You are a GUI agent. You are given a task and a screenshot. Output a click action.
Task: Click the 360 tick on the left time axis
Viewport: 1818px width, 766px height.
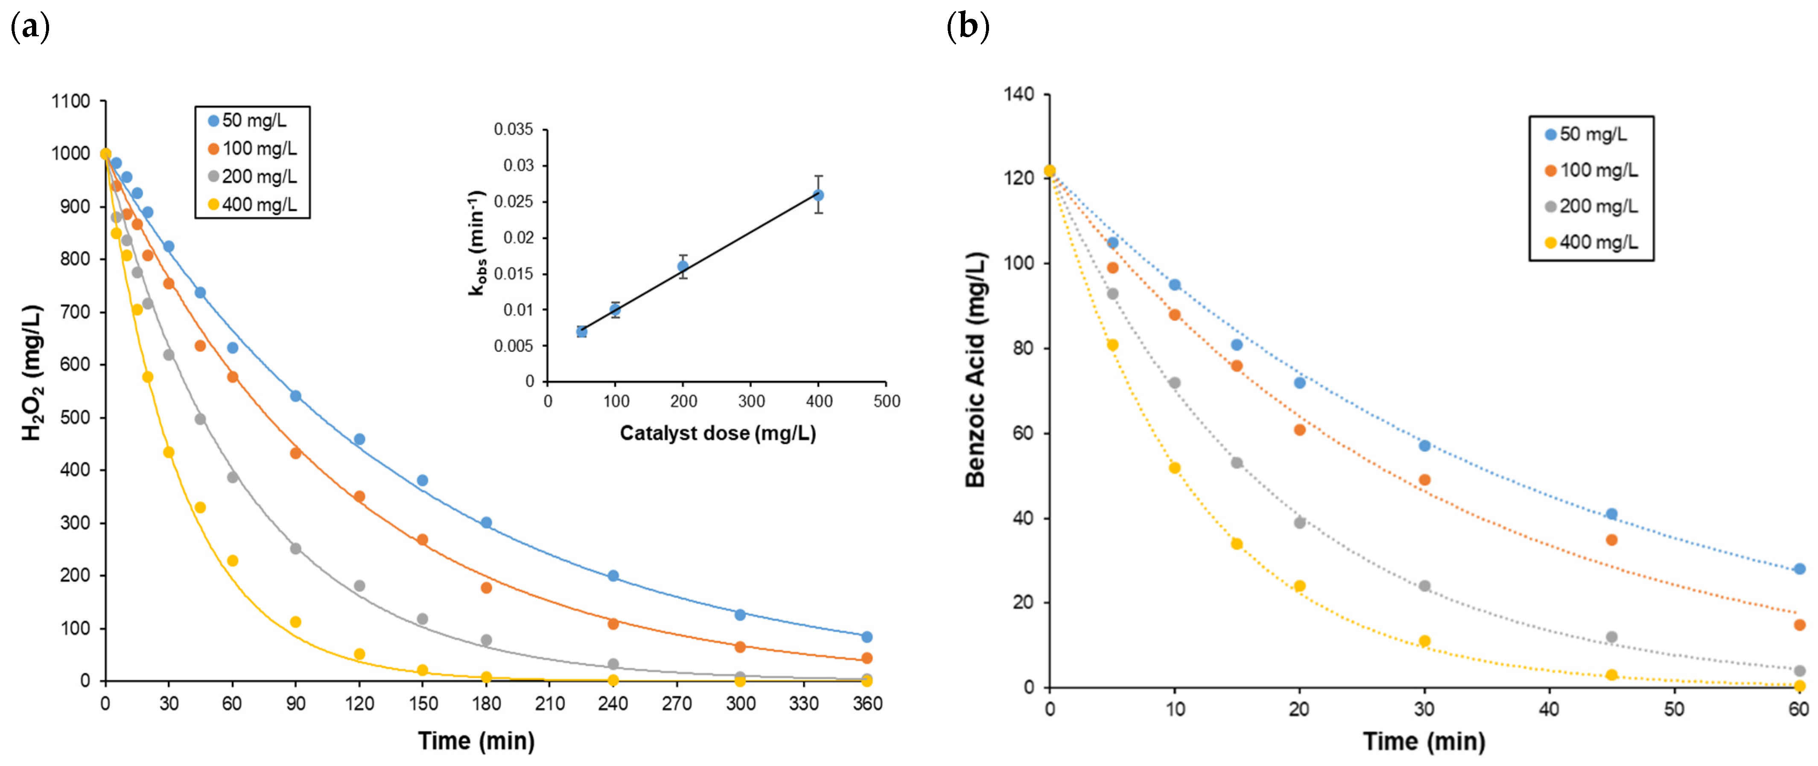(867, 704)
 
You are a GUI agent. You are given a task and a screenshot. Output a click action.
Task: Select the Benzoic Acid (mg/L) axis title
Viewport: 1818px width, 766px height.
(975, 369)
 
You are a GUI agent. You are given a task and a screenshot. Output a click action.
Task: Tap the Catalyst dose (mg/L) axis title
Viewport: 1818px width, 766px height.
(717, 433)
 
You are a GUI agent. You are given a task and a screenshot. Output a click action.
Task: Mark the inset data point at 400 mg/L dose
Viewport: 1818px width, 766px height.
(818, 195)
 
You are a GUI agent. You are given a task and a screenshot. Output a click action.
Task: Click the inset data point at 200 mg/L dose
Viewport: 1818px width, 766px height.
(683, 266)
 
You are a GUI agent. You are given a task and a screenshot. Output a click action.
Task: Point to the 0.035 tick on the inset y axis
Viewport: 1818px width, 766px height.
(513, 129)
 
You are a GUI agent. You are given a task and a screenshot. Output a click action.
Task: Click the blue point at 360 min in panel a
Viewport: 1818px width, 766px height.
(867, 637)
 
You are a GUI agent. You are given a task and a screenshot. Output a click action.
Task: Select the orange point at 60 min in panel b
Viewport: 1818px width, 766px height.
(1799, 625)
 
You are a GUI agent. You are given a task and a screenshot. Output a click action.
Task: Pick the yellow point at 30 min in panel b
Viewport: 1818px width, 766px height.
(1424, 641)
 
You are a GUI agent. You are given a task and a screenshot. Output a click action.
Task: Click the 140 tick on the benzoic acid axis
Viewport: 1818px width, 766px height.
(1018, 94)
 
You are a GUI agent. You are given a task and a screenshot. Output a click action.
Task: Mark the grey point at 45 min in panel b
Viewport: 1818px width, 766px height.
(1611, 637)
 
